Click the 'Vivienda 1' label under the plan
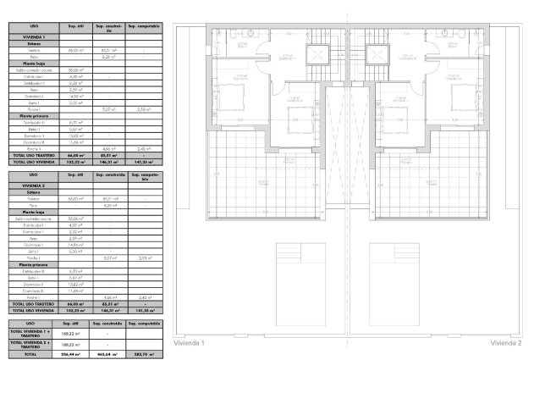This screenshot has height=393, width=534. click(190, 343)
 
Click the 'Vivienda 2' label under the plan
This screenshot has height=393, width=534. click(504, 343)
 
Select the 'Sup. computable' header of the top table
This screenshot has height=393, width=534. click(145, 28)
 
